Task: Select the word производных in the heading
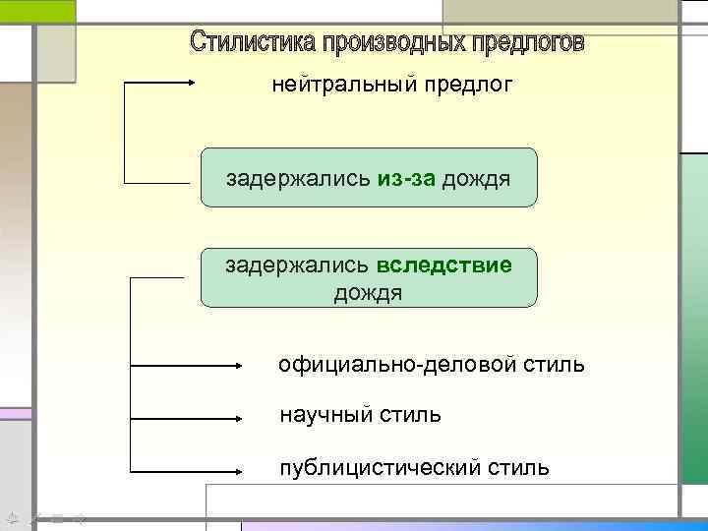(x=380, y=43)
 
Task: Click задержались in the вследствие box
(x=297, y=265)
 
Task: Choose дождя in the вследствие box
(x=369, y=293)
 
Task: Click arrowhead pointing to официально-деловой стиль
(x=247, y=366)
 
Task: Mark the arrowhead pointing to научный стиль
(x=247, y=417)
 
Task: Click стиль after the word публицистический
(x=518, y=466)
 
